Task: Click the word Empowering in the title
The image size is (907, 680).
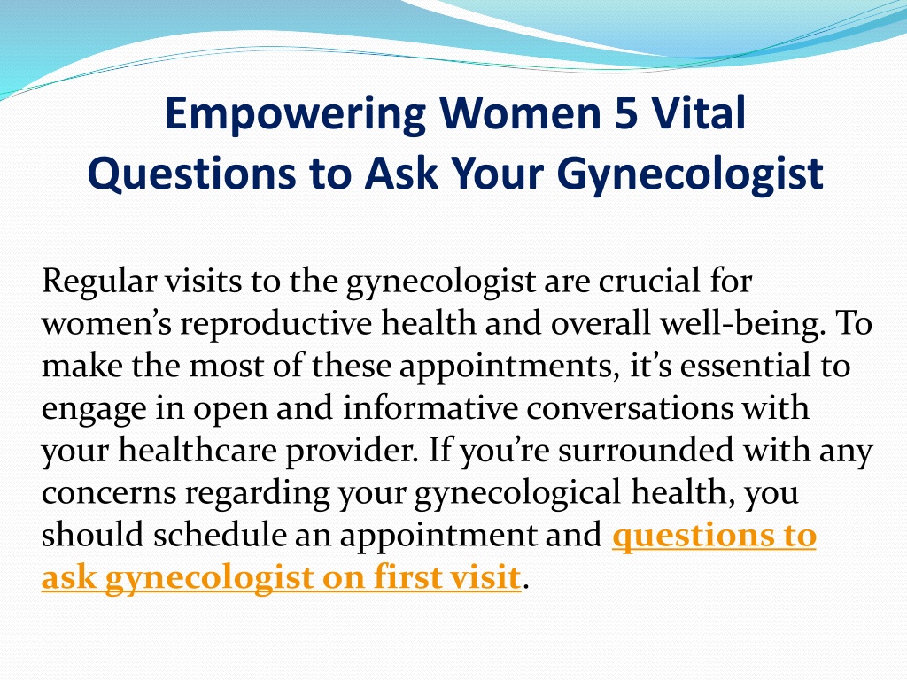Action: pos(295,114)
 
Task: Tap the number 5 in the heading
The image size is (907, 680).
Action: pos(626,112)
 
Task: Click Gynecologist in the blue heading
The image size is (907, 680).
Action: pos(690,174)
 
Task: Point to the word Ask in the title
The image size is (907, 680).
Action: pos(401,173)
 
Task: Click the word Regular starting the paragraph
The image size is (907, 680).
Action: pos(99,282)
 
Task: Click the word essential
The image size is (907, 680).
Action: pos(745,366)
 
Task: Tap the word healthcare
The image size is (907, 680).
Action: pos(198,450)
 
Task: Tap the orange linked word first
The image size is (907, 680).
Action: pos(403,577)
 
